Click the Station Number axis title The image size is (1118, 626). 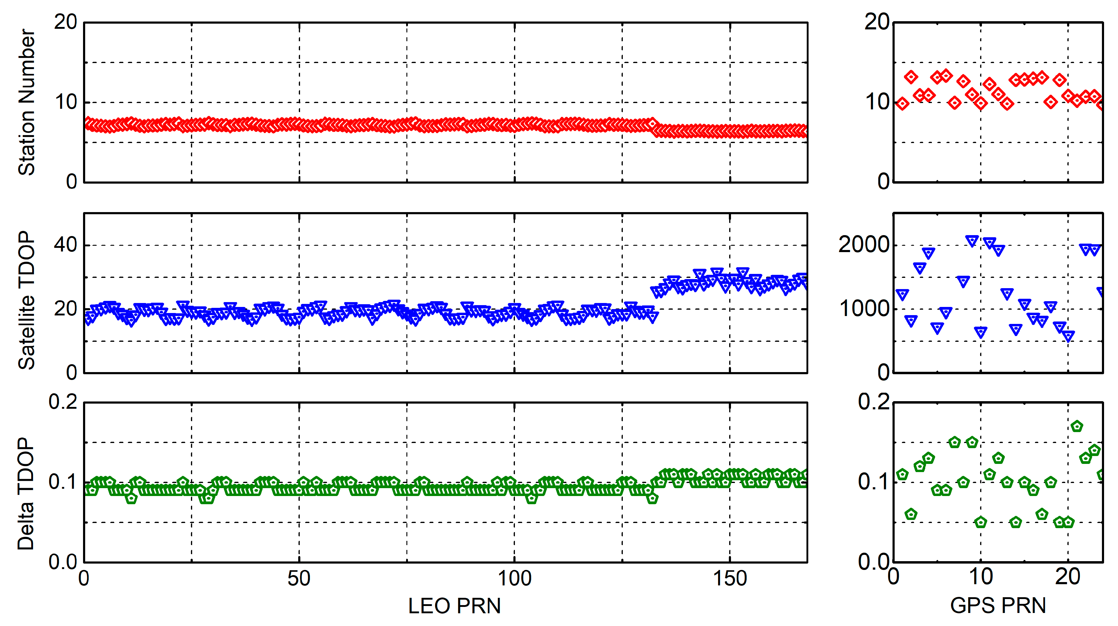(x=26, y=102)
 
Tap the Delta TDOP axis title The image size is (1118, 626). (x=26, y=494)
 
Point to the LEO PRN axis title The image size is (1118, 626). (x=454, y=606)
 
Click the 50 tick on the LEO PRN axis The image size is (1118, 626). (x=299, y=578)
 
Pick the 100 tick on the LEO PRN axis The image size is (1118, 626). (x=514, y=578)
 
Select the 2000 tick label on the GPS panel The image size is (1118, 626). (x=863, y=245)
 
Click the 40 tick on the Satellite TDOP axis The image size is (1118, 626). (x=65, y=245)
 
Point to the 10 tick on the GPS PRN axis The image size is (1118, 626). (x=980, y=577)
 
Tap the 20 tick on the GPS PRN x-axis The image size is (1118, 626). (x=1068, y=577)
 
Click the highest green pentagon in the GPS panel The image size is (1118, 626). (x=1076, y=426)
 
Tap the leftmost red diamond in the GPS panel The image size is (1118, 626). (x=902, y=104)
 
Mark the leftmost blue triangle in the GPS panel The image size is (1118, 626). (x=902, y=295)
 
